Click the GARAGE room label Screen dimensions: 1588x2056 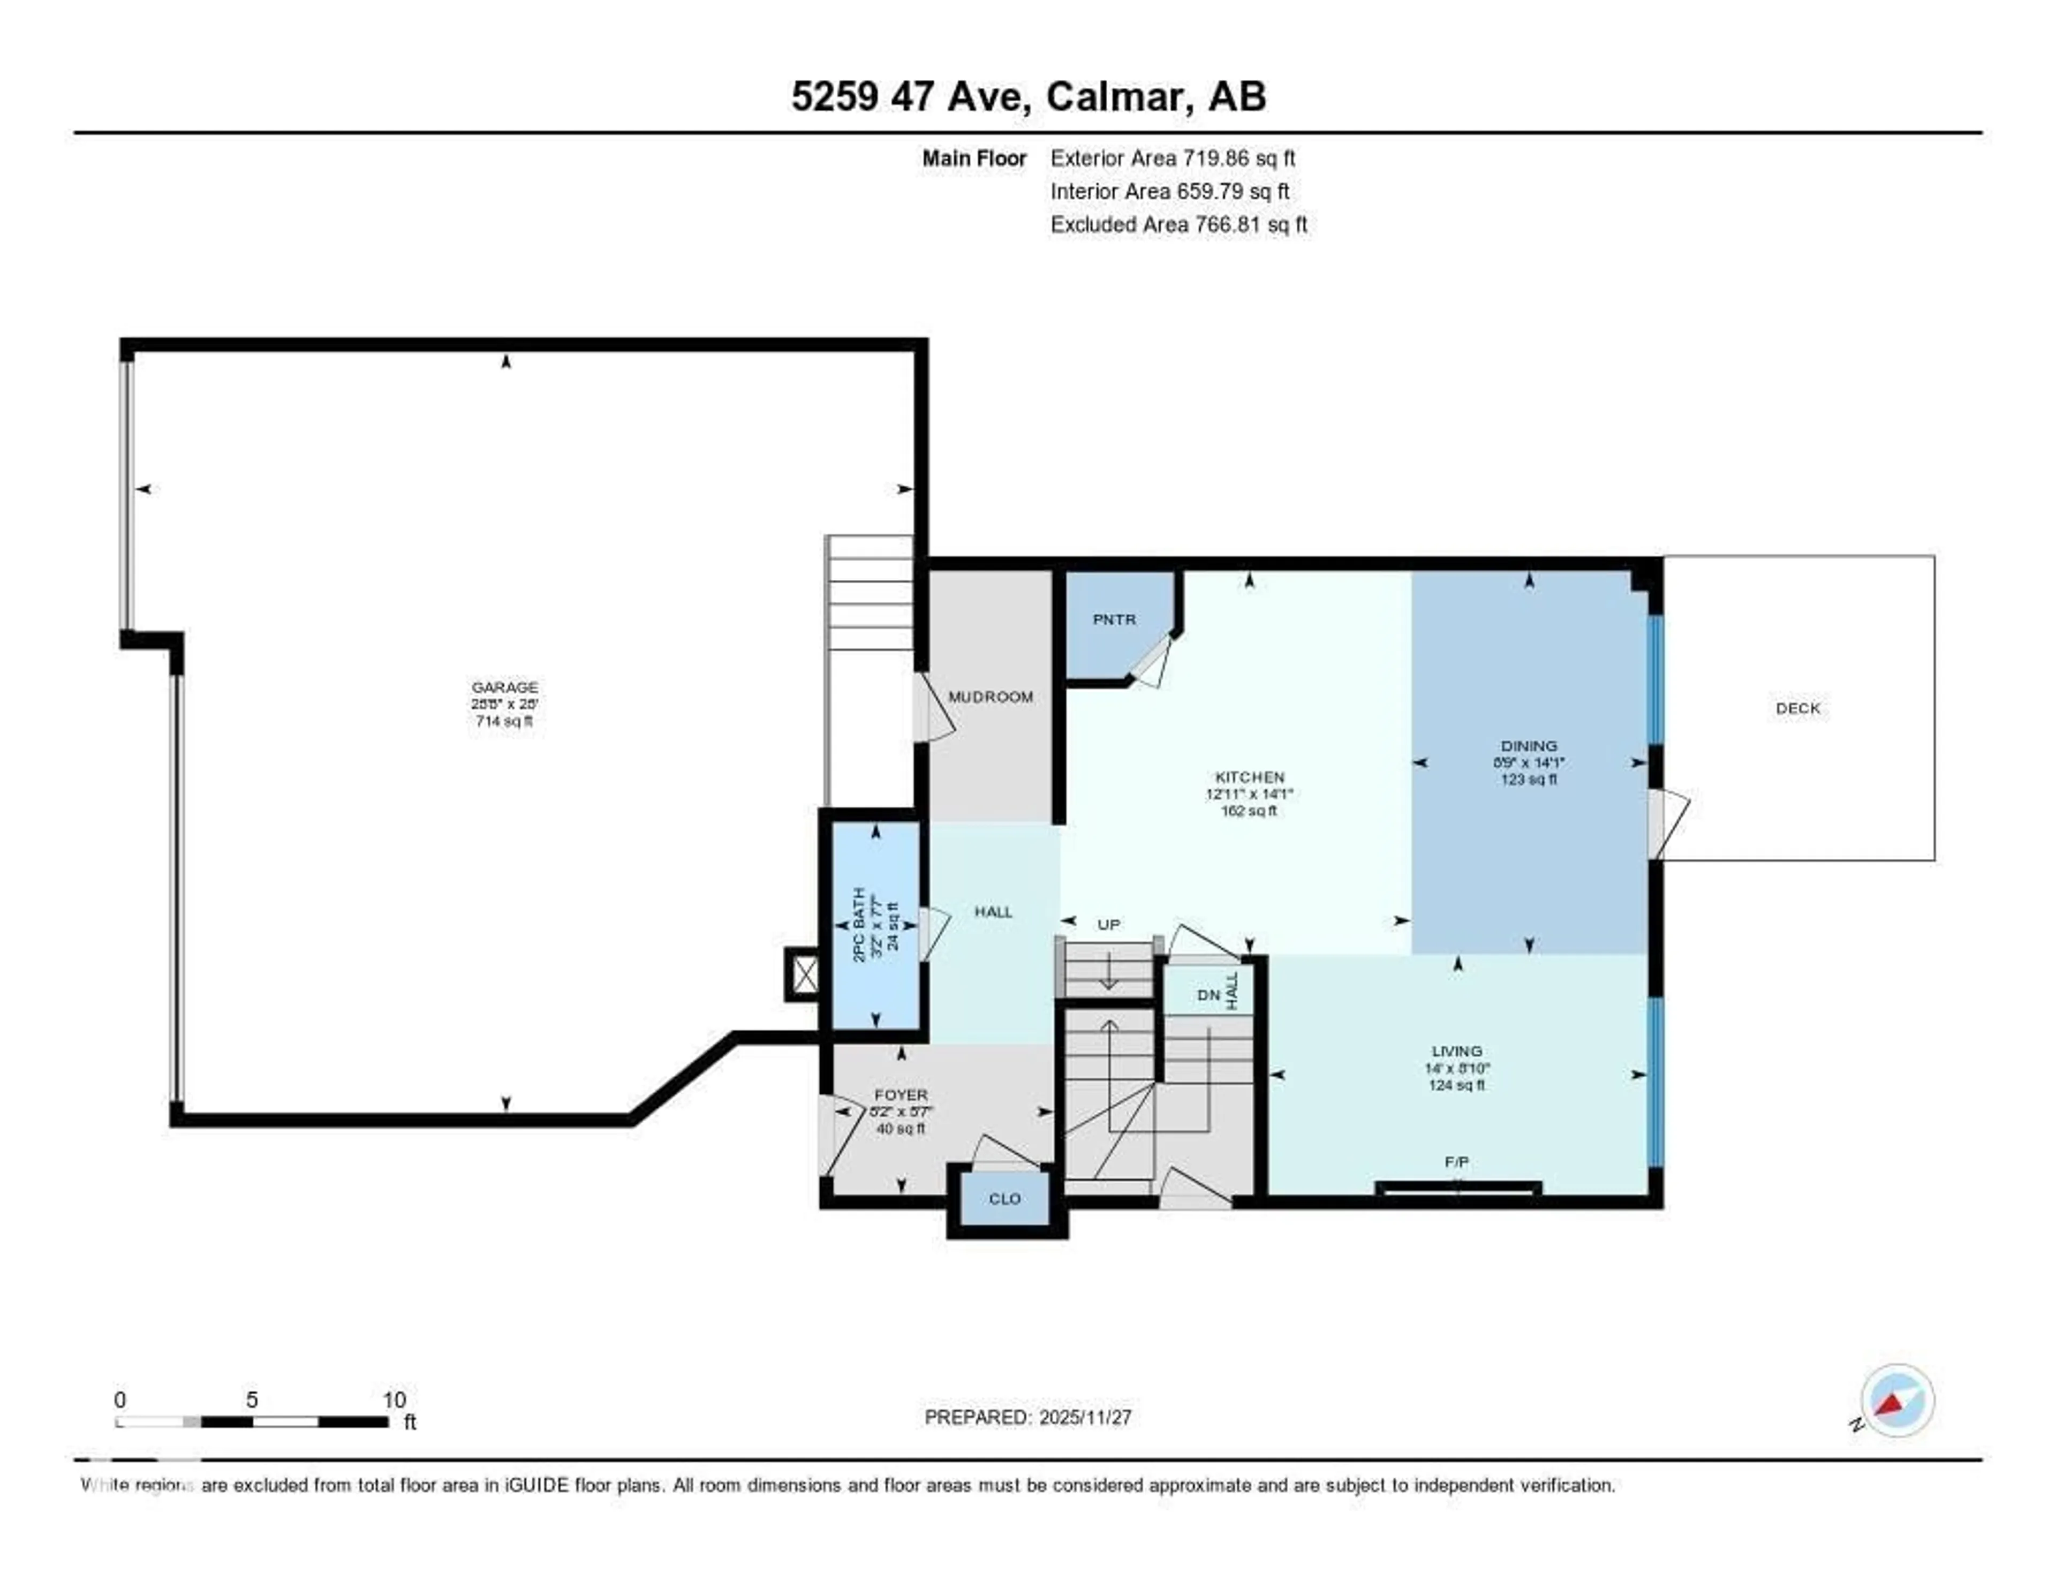click(x=504, y=687)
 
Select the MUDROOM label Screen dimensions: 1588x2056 click(x=991, y=697)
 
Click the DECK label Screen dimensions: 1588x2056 click(x=1797, y=708)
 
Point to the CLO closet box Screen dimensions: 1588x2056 click(x=1004, y=1198)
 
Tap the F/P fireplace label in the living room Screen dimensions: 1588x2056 click(x=1456, y=1162)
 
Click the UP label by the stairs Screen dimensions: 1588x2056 click(x=1109, y=925)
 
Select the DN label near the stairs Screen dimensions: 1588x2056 click(x=1208, y=995)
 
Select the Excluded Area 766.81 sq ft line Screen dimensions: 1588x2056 click(x=1178, y=224)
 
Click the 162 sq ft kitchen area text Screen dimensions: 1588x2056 click(x=1248, y=811)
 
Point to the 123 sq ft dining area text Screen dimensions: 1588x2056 click(x=1529, y=780)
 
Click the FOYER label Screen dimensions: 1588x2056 click(x=901, y=1095)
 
